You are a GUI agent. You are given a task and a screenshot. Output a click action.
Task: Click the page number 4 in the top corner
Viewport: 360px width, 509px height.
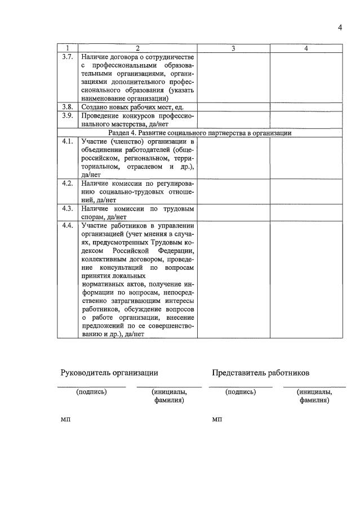[x=340, y=28]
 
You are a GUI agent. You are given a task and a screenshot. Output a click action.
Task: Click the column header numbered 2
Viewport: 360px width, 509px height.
[x=137, y=48]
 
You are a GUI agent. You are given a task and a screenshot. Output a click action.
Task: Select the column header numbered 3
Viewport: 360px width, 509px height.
[x=233, y=48]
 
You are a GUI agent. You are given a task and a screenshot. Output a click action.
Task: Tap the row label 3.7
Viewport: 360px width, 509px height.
[x=67, y=57]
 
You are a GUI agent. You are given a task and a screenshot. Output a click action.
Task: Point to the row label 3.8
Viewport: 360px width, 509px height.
[x=67, y=106]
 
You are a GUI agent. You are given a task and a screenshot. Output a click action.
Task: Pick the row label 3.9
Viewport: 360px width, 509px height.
[x=67, y=115]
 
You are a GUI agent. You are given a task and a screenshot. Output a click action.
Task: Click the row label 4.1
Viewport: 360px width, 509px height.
[x=67, y=141]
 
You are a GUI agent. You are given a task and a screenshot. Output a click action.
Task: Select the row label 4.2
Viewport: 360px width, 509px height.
[x=67, y=184]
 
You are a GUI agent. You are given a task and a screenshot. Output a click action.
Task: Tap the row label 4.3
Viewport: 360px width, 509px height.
[x=67, y=208]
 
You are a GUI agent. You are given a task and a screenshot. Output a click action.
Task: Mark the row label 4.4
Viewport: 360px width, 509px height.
[x=67, y=226]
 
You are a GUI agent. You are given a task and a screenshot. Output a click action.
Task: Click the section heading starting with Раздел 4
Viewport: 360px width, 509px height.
[x=199, y=133]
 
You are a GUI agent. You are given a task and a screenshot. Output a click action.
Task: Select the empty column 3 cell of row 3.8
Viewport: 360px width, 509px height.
[x=233, y=106]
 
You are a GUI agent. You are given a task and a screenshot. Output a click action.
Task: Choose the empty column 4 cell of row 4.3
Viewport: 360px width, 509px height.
[x=306, y=212]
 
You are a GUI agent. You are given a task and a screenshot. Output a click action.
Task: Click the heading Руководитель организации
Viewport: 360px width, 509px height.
[x=109, y=373]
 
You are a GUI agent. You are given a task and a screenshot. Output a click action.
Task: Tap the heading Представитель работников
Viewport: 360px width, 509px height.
[x=260, y=373]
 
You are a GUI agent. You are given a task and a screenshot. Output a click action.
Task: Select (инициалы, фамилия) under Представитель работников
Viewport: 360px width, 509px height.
[x=314, y=396]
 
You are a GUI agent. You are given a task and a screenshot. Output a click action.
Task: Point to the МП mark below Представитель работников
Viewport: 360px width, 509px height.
[x=217, y=420]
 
